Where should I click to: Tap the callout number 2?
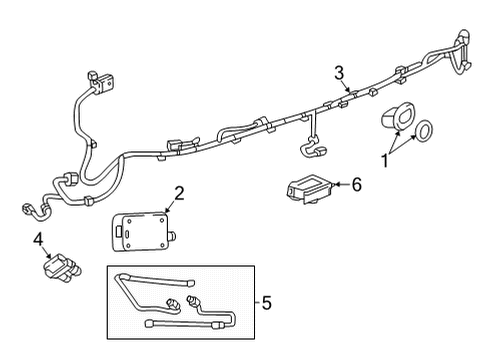pyautogui.click(x=180, y=193)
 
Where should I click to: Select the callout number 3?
pyautogui.click(x=339, y=71)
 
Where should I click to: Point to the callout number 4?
pyautogui.click(x=38, y=240)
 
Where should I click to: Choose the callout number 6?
pyautogui.click(x=357, y=184)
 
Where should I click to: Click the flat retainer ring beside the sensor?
pyautogui.click(x=423, y=130)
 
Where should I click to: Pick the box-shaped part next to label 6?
pyautogui.click(x=308, y=188)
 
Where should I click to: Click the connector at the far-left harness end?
pyautogui.click(x=22, y=209)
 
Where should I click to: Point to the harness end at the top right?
pyautogui.click(x=462, y=52)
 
